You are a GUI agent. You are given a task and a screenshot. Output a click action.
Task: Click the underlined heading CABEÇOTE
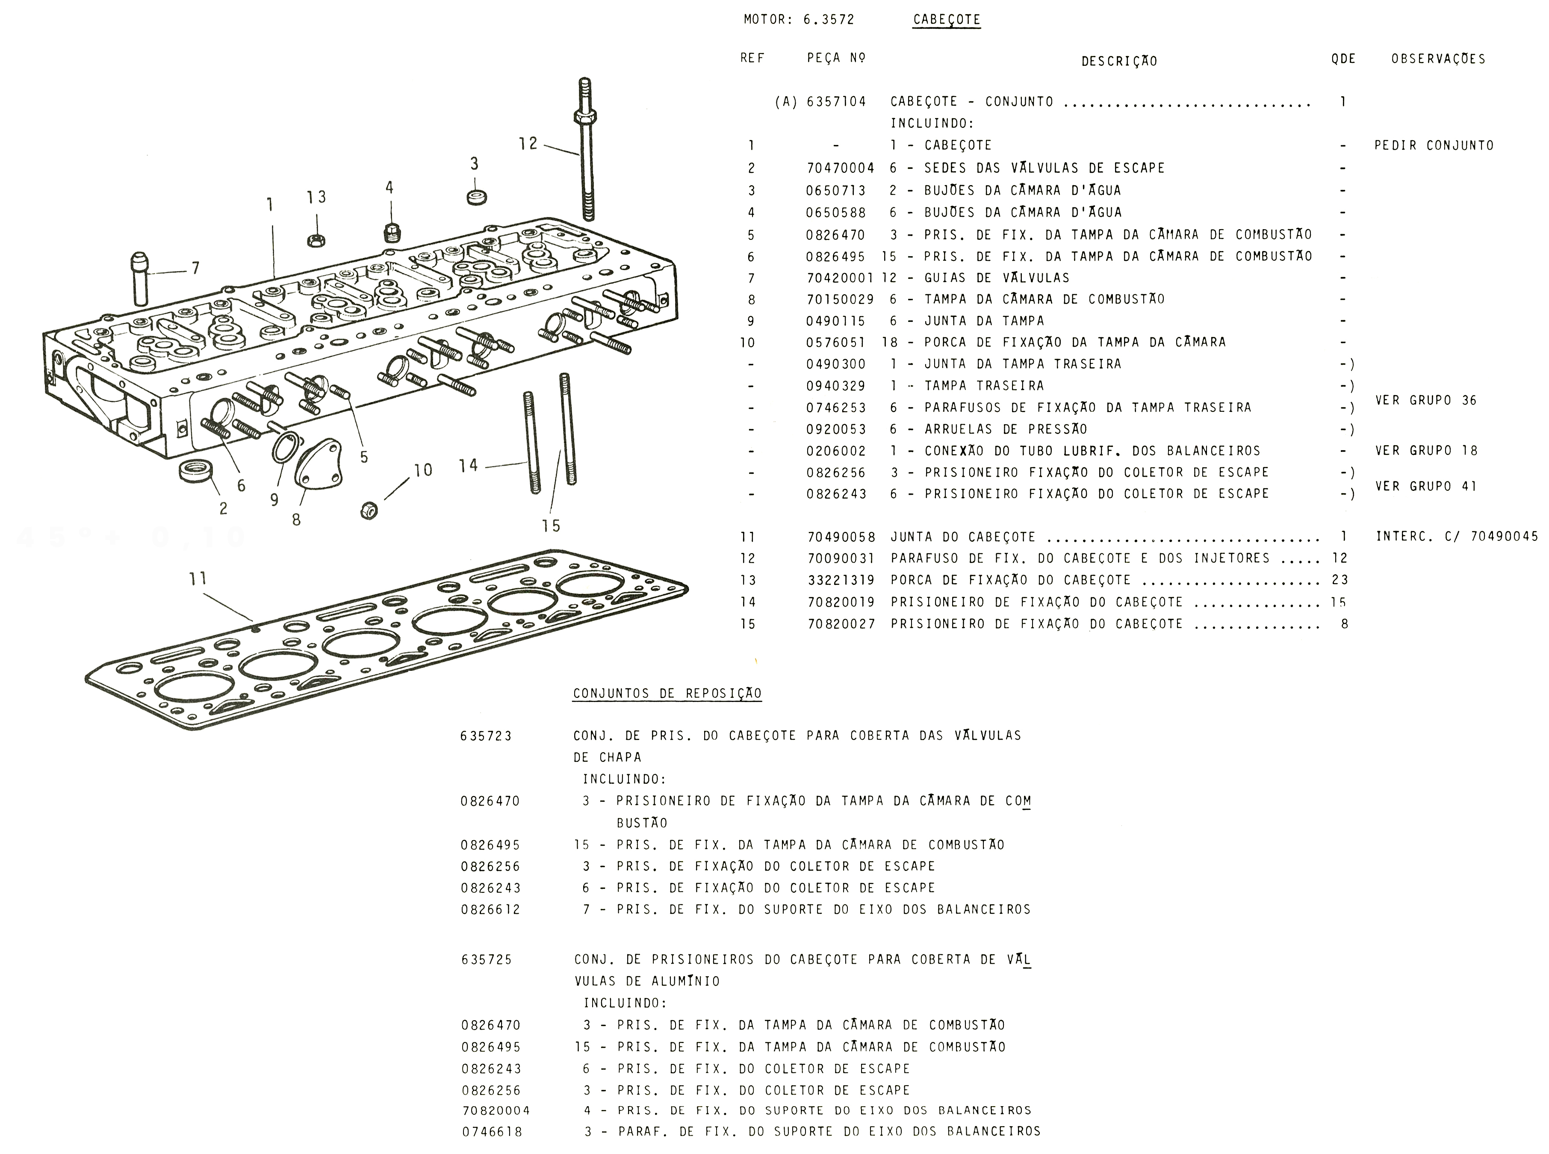point(946,20)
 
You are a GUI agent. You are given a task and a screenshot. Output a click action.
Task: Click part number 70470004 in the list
point(840,168)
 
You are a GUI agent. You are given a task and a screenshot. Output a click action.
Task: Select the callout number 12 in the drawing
point(528,143)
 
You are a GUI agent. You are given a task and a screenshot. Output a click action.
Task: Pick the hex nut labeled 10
point(369,511)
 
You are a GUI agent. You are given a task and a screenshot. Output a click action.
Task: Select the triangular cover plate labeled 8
point(319,464)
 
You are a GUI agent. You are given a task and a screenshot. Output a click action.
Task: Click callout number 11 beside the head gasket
point(198,578)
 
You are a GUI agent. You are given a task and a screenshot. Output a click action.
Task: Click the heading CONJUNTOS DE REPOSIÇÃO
point(667,694)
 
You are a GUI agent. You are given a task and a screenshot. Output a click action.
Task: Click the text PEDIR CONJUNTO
point(1434,146)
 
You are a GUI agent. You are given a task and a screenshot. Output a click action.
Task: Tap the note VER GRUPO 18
point(1426,451)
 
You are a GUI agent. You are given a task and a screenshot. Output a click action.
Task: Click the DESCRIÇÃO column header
point(1119,62)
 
